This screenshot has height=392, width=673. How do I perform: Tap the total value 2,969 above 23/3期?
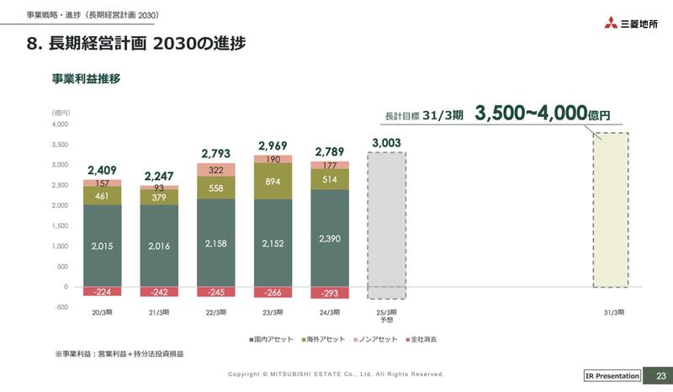[x=273, y=146]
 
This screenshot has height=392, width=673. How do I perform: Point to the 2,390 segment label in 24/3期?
[x=329, y=239]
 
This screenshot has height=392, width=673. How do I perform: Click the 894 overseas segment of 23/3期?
[x=273, y=181]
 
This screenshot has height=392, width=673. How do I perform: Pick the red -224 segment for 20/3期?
[x=102, y=292]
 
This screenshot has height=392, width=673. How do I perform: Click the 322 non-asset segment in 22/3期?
[x=215, y=170]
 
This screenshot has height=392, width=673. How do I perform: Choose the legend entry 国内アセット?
[x=272, y=339]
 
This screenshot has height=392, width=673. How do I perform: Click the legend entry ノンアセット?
[x=375, y=339]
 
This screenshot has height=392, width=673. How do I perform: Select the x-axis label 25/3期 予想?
[x=386, y=316]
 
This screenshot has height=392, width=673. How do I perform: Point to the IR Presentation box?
[x=612, y=376]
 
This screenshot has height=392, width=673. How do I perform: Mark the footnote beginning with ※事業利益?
[x=119, y=354]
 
